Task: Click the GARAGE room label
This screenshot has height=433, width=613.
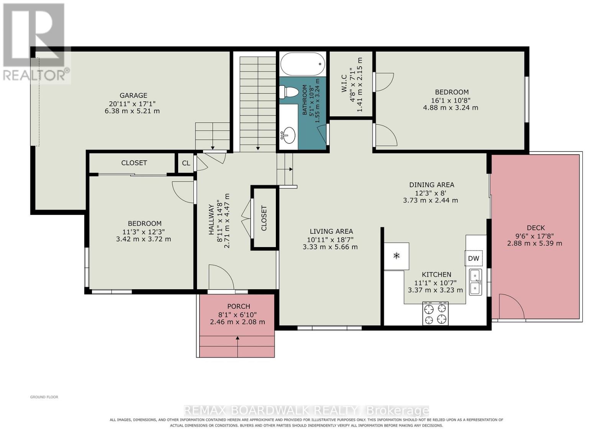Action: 133,95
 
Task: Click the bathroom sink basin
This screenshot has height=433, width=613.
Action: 289,135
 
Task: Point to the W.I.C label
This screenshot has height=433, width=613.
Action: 344,83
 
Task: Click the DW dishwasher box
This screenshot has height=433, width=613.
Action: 474,258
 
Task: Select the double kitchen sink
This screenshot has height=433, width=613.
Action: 475,282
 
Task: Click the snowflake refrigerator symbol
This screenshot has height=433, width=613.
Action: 396,256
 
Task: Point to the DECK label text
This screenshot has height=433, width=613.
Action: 536,228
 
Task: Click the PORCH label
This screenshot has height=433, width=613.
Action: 239,306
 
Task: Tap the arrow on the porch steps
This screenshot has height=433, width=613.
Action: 238,347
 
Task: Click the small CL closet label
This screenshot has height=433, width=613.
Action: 186,163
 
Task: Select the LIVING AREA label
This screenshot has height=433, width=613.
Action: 331,231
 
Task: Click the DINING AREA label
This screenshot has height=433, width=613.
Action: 431,185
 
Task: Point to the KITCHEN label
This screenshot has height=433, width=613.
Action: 436,275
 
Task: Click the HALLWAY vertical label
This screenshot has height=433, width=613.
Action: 211,219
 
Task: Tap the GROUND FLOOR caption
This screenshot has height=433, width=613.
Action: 44,397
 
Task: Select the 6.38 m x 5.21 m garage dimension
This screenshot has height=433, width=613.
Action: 132,111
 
